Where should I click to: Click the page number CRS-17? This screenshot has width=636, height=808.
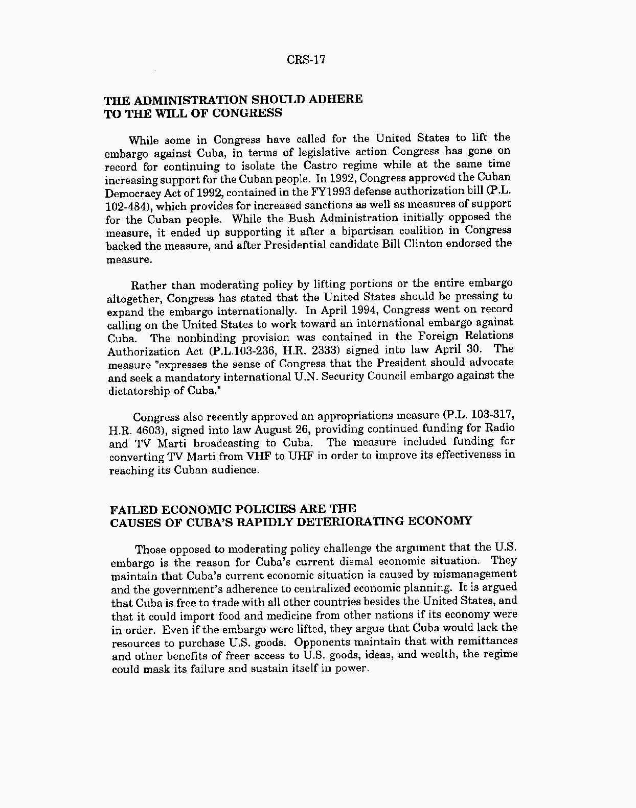click(x=306, y=60)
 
